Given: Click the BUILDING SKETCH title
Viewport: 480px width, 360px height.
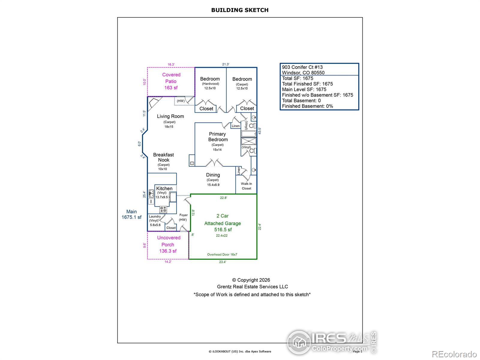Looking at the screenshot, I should coord(240,10).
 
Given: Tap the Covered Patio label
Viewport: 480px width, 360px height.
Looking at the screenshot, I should coord(171,78).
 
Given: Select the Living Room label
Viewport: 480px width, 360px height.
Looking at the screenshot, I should coord(170,116).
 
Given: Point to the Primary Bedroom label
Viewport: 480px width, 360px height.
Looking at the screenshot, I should coord(218,137).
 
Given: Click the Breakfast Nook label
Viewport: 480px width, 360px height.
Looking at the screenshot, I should coord(163,157).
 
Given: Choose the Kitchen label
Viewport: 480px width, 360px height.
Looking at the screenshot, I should coord(164,188).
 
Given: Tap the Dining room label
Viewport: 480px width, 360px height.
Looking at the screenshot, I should coord(213,175).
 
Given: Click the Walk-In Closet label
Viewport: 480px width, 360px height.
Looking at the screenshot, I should coord(246,186).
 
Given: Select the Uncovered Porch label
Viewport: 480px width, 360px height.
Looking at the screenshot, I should coord(169,241).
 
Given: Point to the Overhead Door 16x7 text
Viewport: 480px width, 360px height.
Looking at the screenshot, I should coord(222,254).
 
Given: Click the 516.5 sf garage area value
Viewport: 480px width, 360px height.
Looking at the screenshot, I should coord(223,230).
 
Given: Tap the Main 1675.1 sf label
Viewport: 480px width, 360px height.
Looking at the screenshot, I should coord(131,214).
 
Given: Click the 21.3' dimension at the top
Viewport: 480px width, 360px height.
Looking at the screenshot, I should coord(226,64).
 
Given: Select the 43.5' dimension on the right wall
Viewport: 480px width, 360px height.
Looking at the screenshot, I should coord(260,131).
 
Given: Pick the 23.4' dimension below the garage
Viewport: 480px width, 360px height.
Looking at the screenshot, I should coord(222,262).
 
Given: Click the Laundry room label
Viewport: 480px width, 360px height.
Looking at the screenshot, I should coord(155,217).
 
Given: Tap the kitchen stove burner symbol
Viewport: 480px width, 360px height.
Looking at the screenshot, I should coord(163,209).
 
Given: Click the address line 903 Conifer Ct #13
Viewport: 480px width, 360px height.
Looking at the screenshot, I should coord(302,67).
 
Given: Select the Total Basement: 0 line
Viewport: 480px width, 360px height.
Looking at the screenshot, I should coord(301,100).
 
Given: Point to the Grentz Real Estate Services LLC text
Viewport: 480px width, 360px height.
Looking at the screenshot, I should coord(252,287).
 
